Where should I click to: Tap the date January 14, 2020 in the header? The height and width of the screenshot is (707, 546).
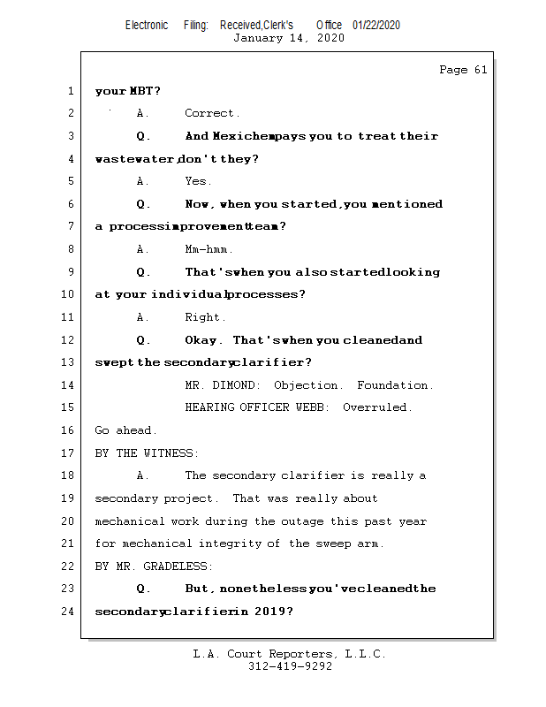pos(289,38)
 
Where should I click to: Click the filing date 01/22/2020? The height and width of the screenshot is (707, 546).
pos(376,25)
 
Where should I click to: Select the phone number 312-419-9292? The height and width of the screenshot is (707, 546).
pos(290,666)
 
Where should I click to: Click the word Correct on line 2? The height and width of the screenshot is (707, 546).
pos(211,113)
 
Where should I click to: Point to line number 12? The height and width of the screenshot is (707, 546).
pos(70,340)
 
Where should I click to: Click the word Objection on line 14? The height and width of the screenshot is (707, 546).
pos(307,385)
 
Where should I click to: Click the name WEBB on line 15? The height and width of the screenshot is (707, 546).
pos(314,408)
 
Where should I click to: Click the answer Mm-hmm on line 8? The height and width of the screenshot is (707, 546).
pos(208,249)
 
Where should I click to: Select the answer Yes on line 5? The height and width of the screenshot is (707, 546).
pos(197,181)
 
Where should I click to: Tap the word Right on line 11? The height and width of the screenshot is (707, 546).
pos(204,317)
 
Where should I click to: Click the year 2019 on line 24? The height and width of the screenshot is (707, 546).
pos(267,612)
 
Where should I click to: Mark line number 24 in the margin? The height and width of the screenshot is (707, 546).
pos(70,612)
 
